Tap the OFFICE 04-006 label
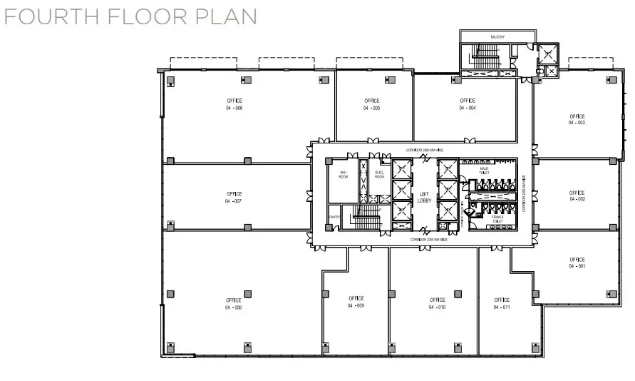(234, 104)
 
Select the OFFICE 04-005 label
(371, 104)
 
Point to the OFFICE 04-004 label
(468, 104)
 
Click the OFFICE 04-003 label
(577, 119)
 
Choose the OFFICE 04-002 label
(577, 195)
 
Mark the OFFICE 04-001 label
(577, 263)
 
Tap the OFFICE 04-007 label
(234, 198)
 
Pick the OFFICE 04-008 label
(234, 304)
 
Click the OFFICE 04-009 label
(356, 302)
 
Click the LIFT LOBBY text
(423, 198)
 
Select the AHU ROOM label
(343, 174)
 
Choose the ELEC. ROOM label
(379, 174)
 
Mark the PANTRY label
(333, 217)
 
